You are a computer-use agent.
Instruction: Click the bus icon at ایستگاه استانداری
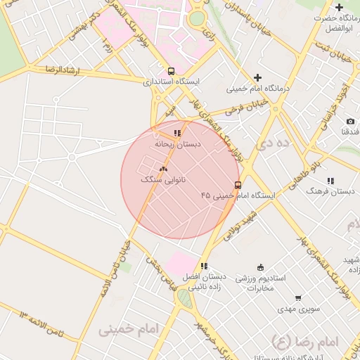[x=172, y=71]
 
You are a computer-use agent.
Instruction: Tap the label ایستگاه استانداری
[x=172, y=82]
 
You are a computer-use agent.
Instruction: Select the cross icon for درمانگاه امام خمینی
[x=258, y=77]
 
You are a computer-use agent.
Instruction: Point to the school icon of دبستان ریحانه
[x=177, y=132]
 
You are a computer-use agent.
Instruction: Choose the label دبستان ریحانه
[x=178, y=143]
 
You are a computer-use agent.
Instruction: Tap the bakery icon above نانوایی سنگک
[x=163, y=169]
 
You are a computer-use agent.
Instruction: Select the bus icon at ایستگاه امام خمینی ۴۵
[x=238, y=185]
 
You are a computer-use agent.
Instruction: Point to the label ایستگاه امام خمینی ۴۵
[x=237, y=195]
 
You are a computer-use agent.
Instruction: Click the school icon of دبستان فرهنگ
[x=330, y=180]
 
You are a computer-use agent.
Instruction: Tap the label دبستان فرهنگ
[x=330, y=191]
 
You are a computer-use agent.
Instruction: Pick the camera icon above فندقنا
[x=350, y=122]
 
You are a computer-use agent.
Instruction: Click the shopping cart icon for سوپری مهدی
[x=298, y=297]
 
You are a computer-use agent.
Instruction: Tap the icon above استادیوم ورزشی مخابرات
[x=261, y=266]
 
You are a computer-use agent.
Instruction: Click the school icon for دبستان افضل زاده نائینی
[x=204, y=266]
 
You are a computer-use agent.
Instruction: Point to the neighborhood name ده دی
[x=274, y=143]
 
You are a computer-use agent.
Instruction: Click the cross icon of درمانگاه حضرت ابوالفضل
[x=340, y=6]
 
